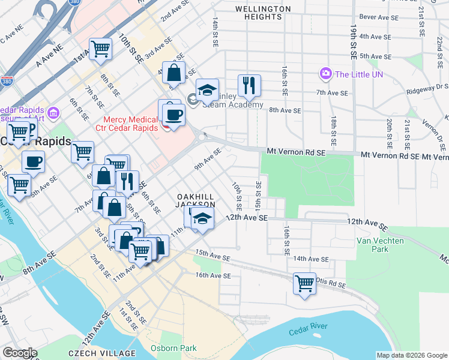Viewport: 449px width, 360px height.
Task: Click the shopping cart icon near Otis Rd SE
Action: [304, 282]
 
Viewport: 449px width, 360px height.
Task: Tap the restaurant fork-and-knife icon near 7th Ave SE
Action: [249, 85]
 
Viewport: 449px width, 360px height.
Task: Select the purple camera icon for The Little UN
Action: [326, 74]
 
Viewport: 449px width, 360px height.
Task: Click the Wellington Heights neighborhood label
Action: [263, 13]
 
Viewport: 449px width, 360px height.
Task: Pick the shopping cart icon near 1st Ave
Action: [100, 49]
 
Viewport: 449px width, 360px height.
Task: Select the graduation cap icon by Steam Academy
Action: [207, 90]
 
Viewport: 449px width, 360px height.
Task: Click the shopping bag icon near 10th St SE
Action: [173, 73]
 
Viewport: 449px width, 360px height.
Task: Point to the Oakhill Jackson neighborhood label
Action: [195, 200]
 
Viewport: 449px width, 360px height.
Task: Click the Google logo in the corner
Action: [20, 353]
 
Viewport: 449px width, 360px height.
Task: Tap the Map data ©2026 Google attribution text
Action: [411, 355]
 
